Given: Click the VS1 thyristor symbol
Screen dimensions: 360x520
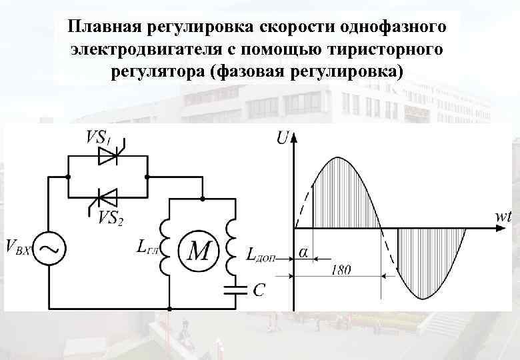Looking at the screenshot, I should tap(107, 156).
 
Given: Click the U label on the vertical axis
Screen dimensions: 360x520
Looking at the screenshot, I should tap(282, 138).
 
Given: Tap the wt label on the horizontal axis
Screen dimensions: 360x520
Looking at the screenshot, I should tap(503, 217).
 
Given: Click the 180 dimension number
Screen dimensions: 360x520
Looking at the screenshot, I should tap(341, 270).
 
